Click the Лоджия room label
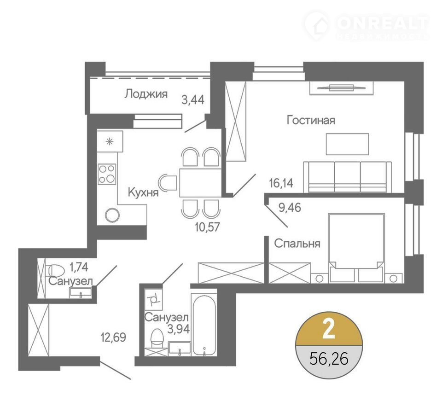146,94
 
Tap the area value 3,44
193,100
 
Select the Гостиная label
311,120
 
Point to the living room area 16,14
281,183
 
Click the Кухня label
143,192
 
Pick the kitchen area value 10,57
207,227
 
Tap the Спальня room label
297,243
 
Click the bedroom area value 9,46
290,208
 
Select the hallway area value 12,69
113,337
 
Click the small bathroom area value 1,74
79,267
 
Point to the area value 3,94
179,329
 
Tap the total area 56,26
329,359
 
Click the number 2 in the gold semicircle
329,329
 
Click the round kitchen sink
112,215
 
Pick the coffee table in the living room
348,144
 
